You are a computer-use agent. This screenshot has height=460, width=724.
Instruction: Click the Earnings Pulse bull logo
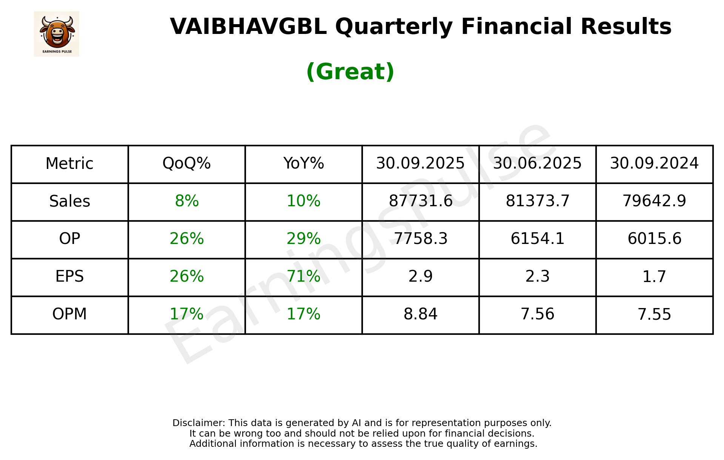[57, 34]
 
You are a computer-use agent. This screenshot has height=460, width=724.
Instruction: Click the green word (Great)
[350, 72]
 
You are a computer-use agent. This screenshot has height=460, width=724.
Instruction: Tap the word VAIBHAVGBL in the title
[248, 27]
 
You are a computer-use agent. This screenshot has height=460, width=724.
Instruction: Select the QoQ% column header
[186, 164]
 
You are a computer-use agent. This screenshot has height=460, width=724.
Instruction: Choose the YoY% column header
[303, 164]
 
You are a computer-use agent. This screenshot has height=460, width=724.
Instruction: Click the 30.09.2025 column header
[420, 164]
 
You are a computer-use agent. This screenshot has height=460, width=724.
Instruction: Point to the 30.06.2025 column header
[537, 164]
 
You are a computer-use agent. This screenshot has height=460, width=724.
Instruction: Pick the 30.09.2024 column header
[654, 164]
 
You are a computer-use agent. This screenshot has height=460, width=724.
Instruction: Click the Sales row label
[69, 201]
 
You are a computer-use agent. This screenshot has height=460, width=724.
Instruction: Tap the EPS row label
[69, 277]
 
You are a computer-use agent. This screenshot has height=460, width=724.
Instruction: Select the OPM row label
[69, 314]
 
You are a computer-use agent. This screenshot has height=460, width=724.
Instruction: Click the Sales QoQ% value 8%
[186, 201]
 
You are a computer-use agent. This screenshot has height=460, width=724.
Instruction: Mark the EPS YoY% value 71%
[303, 277]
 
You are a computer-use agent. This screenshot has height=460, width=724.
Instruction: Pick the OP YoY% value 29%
[303, 239]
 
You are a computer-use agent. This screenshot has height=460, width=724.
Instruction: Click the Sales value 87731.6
[420, 201]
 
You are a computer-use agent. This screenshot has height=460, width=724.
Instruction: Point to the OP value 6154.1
[537, 239]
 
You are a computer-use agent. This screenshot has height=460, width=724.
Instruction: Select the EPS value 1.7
[654, 277]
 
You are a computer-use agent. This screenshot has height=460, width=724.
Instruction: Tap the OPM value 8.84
[420, 314]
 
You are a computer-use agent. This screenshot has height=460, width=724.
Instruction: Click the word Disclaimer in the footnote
[198, 423]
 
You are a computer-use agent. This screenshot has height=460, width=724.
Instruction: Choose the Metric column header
[69, 164]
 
